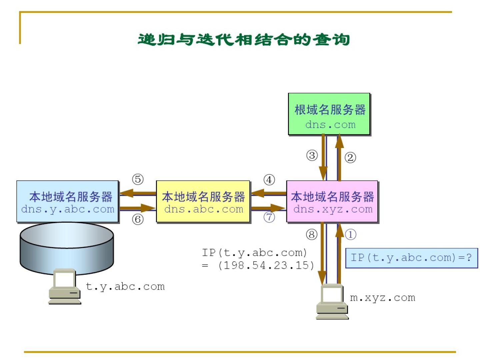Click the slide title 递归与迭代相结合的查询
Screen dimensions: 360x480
(244, 39)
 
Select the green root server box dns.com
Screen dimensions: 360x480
(329, 114)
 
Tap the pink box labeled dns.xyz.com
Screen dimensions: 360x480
(332, 201)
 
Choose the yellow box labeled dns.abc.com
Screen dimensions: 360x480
(203, 201)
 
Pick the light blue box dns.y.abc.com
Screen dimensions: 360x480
(68, 201)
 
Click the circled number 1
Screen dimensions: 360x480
(350, 234)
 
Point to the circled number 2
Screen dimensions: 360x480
(350, 157)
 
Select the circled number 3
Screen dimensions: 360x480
(312, 155)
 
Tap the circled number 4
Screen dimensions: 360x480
(269, 180)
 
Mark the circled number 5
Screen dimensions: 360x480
(138, 179)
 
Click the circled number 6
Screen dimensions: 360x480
(138, 219)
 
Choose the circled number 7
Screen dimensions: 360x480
(269, 217)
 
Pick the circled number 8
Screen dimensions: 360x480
(312, 234)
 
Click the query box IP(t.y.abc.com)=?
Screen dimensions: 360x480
(411, 258)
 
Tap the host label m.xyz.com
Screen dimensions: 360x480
(382, 297)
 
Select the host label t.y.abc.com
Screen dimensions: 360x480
(125, 286)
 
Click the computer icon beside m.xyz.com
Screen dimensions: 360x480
(331, 302)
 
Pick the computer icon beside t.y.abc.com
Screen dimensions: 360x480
(65, 286)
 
